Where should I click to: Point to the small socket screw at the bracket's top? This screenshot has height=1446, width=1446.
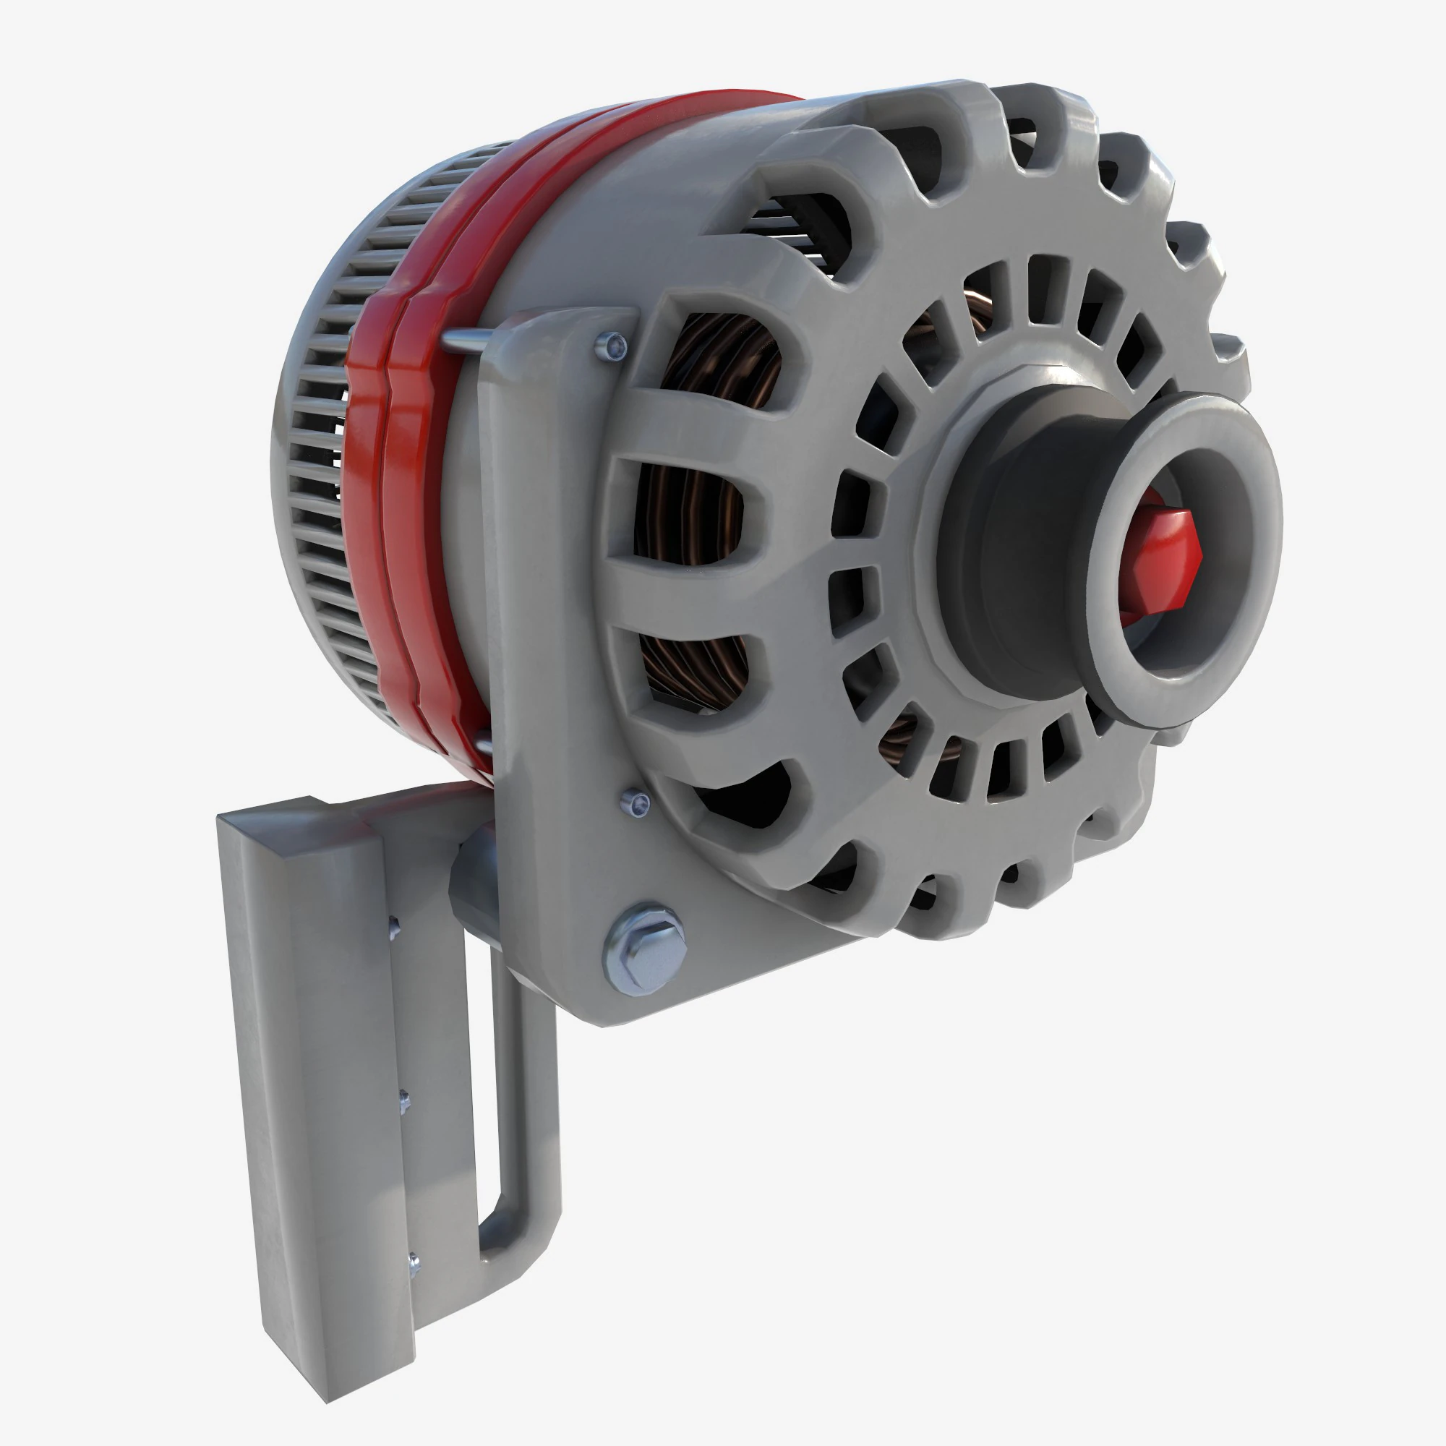click(614, 345)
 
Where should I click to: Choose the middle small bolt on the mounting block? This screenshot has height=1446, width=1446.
click(404, 1101)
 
